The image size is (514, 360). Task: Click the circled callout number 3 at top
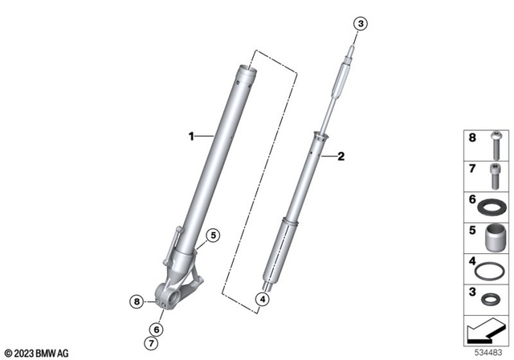(361, 25)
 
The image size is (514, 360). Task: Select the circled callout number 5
(212, 235)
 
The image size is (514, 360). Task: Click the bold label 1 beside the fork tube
(192, 137)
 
